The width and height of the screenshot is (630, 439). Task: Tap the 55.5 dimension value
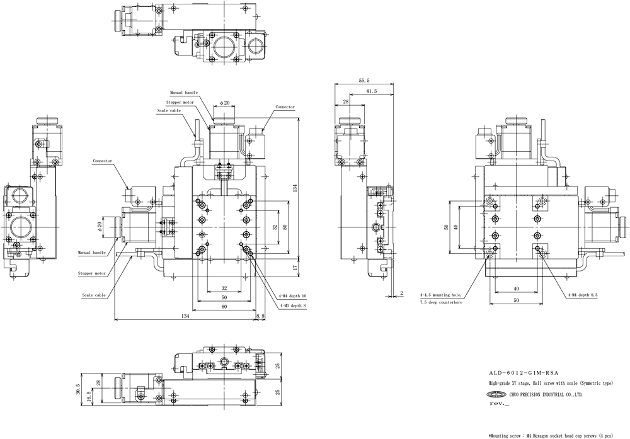click(364, 81)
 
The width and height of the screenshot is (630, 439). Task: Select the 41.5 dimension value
click(372, 91)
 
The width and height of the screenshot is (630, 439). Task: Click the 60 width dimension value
click(224, 307)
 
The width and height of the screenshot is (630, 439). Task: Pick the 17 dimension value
click(294, 266)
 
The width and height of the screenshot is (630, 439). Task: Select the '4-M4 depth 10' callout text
click(292, 296)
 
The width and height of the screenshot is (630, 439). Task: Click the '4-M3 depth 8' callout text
click(292, 305)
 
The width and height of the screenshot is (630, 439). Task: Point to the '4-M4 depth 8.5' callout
click(583, 295)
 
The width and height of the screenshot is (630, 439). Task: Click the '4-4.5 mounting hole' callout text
click(441, 295)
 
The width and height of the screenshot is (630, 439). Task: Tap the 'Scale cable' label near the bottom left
click(94, 295)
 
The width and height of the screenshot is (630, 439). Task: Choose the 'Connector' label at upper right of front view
click(285, 107)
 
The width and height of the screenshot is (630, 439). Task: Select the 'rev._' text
click(499, 403)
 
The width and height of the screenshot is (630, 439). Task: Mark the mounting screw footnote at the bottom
click(551, 435)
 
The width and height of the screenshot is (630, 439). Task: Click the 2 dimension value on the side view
click(402, 294)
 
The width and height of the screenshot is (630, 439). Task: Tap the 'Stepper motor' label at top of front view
click(180, 103)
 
